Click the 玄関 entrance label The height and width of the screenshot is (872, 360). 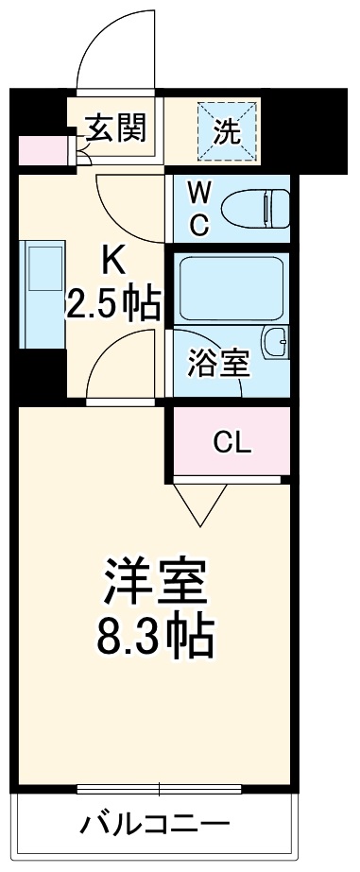(x=117, y=128)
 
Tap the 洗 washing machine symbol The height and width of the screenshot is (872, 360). (x=226, y=129)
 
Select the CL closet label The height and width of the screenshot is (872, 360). (x=231, y=441)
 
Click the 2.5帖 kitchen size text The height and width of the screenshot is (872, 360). (x=112, y=304)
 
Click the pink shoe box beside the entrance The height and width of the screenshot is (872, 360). (x=41, y=150)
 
